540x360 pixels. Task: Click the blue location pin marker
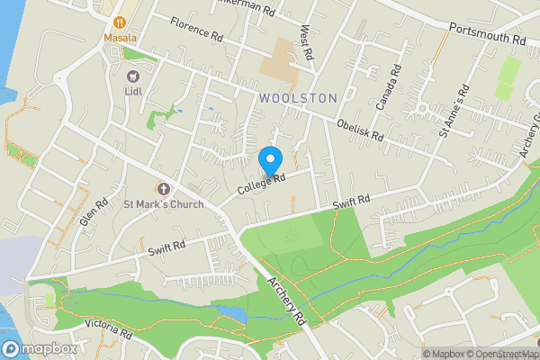(269, 162)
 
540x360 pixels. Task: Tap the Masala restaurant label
(119, 38)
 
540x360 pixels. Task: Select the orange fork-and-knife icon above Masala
(119, 21)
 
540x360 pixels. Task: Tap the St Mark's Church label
(163, 204)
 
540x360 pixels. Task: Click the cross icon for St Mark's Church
(163, 189)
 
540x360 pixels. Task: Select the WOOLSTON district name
(297, 97)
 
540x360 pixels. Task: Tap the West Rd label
(308, 43)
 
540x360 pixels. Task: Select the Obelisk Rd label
(360, 131)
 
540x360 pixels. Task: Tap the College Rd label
(261, 184)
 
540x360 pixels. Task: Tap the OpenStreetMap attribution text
(494, 354)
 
